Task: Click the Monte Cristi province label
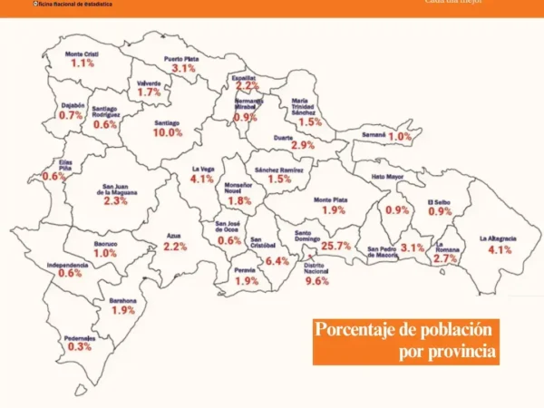[83, 54]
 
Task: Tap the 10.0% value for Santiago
[168, 132]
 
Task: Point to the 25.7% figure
[335, 246]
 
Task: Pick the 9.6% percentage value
[316, 281]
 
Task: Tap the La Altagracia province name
[498, 238]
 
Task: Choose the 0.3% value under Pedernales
[80, 346]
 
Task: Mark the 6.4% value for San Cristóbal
[277, 261]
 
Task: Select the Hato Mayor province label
[387, 178]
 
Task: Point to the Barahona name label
[122, 300]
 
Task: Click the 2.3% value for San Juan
[115, 201]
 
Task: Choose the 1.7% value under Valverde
[149, 92]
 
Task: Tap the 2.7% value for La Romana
[445, 258]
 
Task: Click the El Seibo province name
[440, 201]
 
